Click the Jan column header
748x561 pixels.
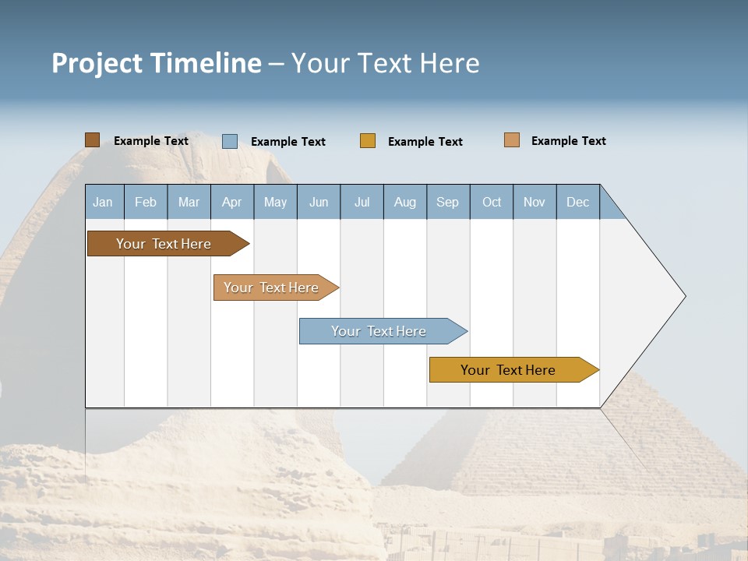104,202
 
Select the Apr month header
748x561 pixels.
232,202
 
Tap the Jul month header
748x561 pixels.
362,202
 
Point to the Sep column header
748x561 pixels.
448,202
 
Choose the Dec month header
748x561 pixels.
577,202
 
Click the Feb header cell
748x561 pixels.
146,202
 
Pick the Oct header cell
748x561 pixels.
492,202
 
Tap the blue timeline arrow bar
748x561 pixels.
379,331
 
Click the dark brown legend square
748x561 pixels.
92,140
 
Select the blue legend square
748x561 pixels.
230,141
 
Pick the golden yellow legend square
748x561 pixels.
368,140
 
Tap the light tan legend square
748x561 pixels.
512,140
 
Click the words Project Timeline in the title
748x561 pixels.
157,63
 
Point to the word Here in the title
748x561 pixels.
450,63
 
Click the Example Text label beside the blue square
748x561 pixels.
288,142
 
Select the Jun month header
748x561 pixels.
319,202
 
